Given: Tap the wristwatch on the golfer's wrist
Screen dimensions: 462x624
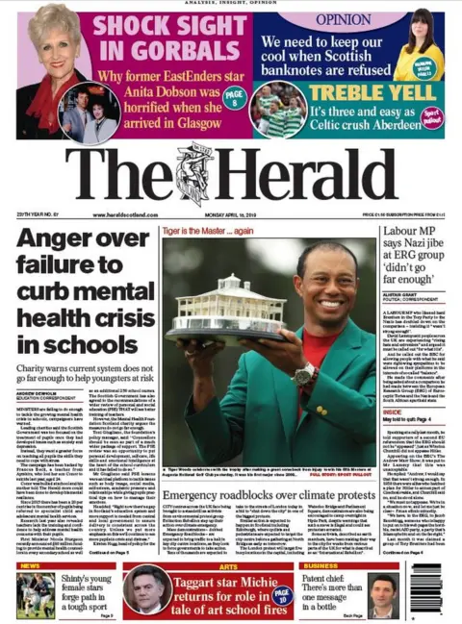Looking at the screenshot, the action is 306,373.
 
